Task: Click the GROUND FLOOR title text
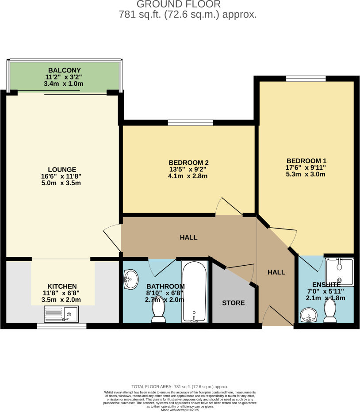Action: coord(178,4)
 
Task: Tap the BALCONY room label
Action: coord(65,71)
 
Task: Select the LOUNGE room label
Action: coord(62,169)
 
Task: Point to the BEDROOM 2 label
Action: coord(188,162)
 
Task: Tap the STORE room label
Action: coord(233,303)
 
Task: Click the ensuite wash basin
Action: coord(308,316)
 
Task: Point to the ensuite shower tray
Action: coord(339,272)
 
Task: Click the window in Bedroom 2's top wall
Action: coord(190,122)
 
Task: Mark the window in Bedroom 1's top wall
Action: coord(306,79)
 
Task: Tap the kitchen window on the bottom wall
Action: coord(61,326)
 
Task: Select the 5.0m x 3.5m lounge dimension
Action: coord(62,183)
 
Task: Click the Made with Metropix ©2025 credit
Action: coord(180,410)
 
